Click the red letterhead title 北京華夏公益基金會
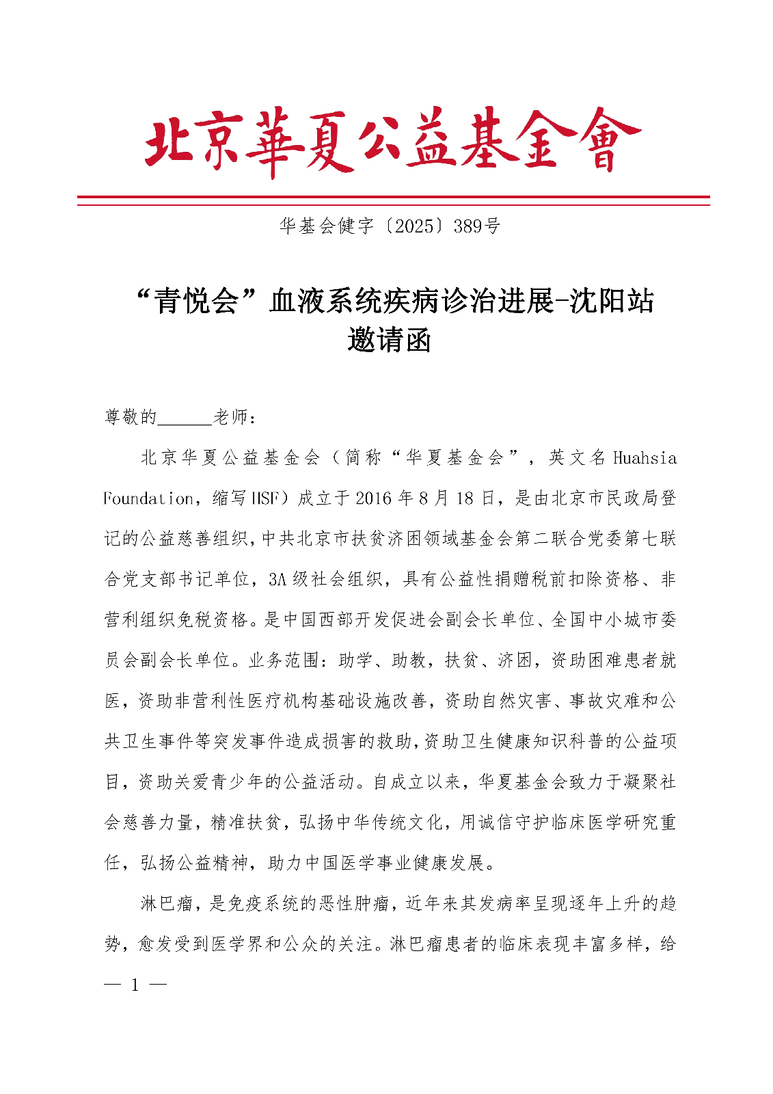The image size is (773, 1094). point(392,141)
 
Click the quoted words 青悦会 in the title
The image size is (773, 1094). point(195,302)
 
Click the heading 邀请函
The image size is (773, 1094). point(389,340)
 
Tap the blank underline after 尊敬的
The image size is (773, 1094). point(185,417)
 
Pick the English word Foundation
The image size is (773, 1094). point(148,498)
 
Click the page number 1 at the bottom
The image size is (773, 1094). point(135,985)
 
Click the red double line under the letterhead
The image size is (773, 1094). point(393,200)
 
